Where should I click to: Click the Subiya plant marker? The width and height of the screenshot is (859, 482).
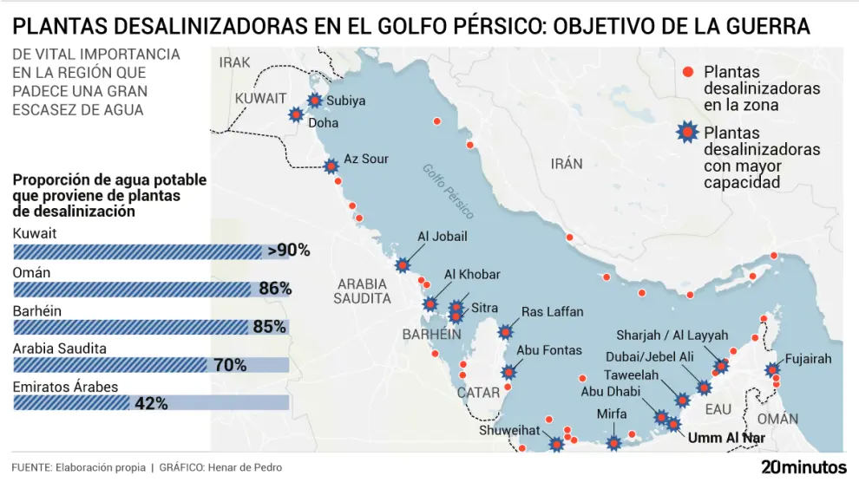point(313,101)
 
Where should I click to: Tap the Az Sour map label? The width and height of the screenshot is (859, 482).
point(366,159)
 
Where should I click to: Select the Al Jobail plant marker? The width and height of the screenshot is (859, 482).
point(403,265)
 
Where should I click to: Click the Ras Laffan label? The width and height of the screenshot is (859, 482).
point(552,312)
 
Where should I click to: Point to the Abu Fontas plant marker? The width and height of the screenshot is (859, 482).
point(508,373)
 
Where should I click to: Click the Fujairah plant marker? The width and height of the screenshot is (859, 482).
point(771,370)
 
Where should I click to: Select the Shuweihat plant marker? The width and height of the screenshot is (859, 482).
point(556,445)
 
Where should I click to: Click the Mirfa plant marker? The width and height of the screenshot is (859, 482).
point(613,444)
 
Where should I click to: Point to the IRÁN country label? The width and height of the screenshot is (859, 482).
point(567,164)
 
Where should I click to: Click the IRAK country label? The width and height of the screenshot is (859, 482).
point(234,62)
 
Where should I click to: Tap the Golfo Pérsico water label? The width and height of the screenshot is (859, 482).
point(449,190)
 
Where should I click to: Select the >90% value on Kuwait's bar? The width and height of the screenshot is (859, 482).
point(289,251)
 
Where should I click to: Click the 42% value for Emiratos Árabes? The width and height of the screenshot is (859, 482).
point(150,403)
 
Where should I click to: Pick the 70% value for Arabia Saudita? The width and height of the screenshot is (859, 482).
point(230,365)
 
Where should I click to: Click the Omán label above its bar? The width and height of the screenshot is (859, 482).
point(31,273)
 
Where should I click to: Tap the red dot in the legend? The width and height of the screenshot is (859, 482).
point(689,72)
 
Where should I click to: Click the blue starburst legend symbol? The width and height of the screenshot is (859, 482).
point(688,133)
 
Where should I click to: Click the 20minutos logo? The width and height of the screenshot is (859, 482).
point(803,466)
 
